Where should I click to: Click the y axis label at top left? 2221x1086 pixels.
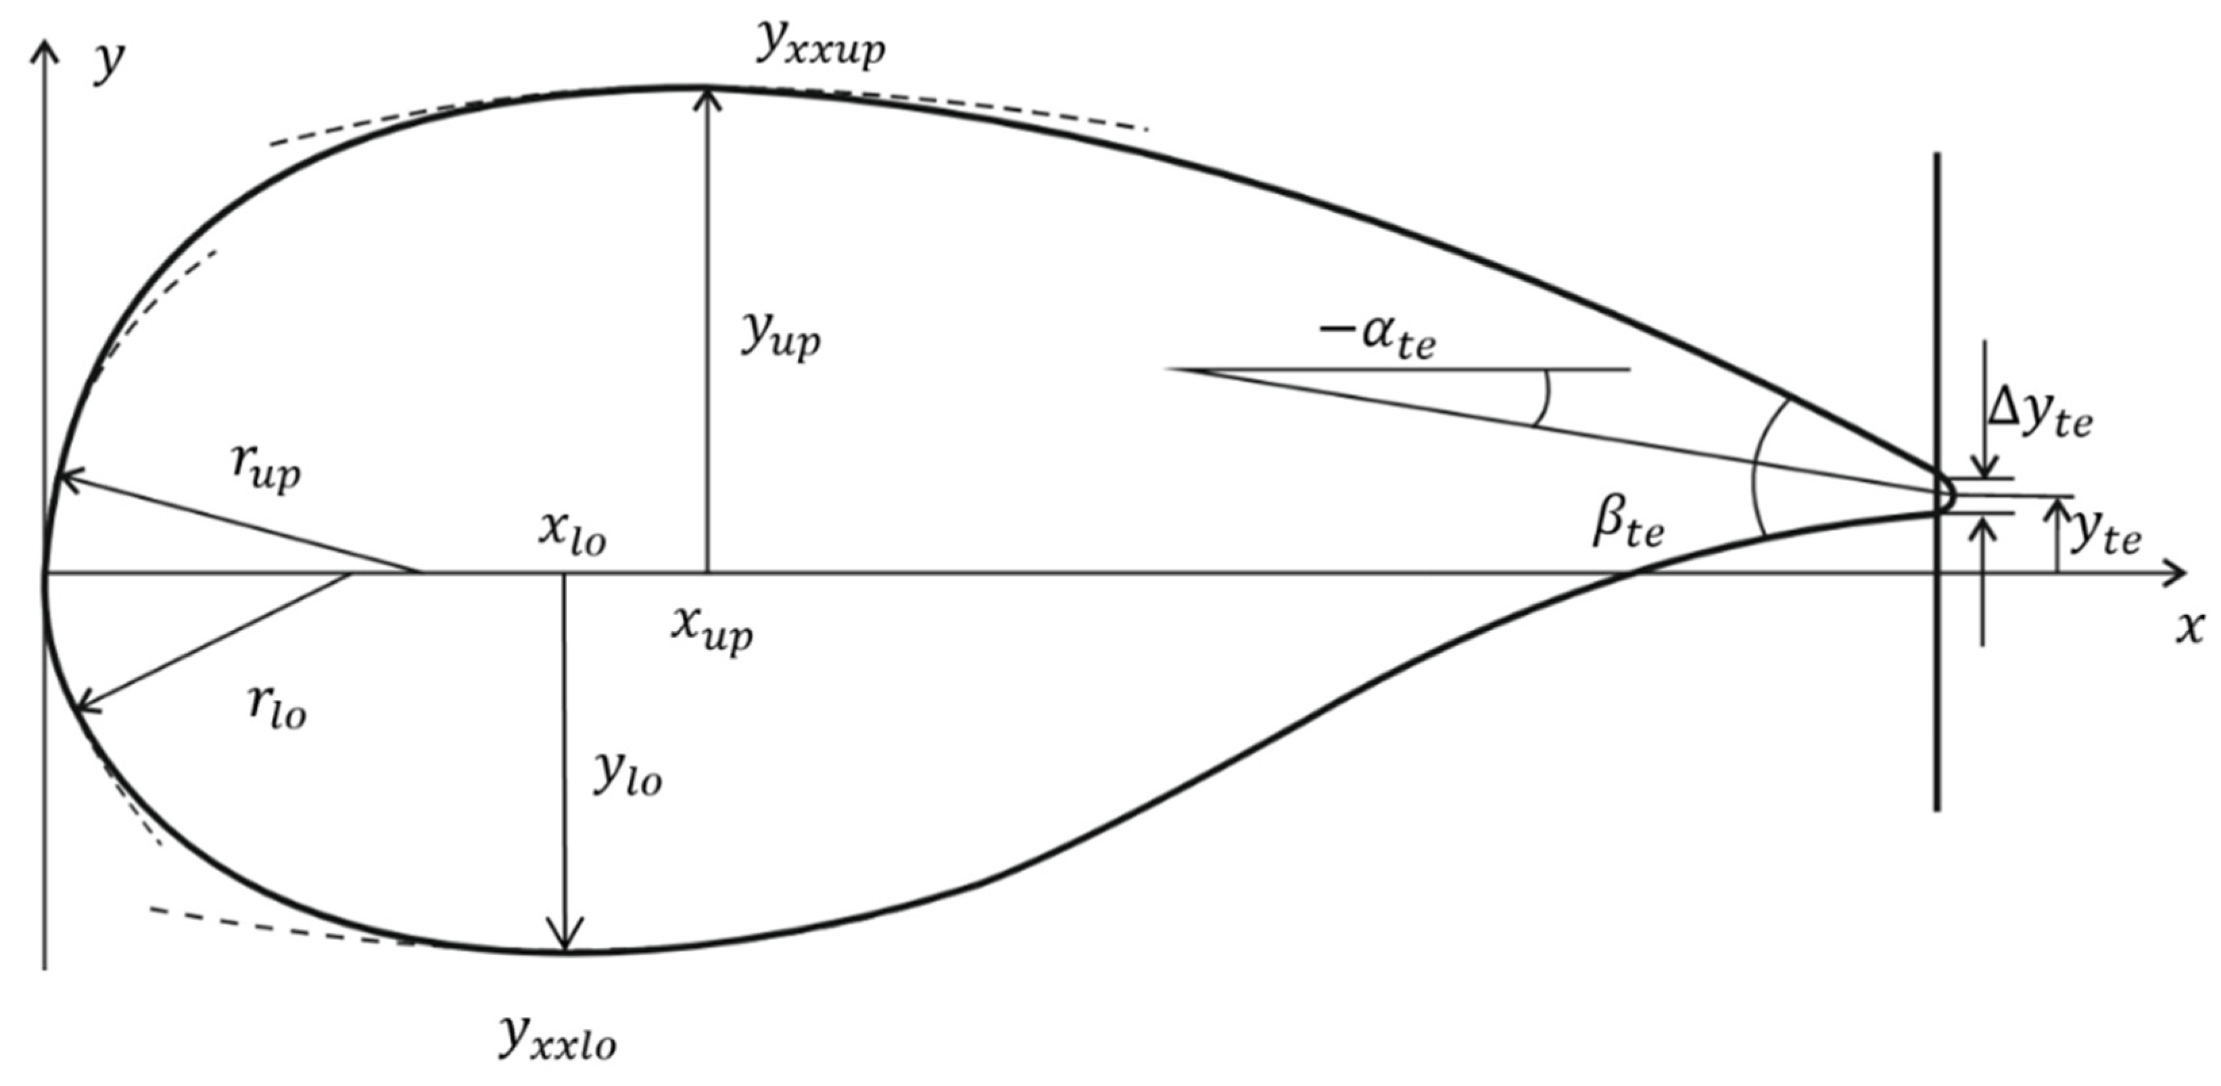(110, 62)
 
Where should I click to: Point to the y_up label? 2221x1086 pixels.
(780, 335)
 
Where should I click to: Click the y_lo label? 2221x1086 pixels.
(627, 775)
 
